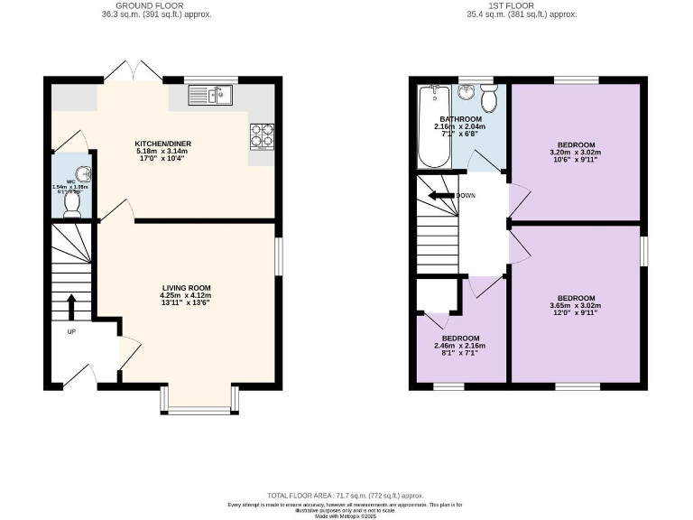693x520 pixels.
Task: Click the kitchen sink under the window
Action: coord(209,95)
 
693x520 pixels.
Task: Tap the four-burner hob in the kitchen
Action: coord(261,135)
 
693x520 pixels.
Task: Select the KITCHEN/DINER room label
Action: coord(162,144)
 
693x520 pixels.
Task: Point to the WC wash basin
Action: coord(81,174)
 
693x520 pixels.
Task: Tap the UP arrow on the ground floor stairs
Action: coord(71,307)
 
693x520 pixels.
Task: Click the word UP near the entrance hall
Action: coord(70,331)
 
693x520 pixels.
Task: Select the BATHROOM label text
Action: coord(460,119)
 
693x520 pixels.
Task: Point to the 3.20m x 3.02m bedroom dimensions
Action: coord(575,153)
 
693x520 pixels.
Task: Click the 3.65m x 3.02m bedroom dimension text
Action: coord(575,306)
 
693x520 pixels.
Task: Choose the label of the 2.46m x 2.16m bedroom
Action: coord(460,339)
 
